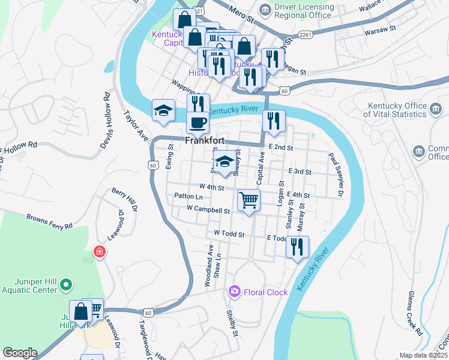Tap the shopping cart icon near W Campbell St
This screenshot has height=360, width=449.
(249, 200)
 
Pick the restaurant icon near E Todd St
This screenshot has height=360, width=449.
(297, 247)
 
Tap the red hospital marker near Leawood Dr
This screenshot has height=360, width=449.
(99, 253)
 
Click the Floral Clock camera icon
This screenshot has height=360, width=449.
(234, 292)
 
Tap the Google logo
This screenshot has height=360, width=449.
(19, 353)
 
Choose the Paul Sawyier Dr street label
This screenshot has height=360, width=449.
(336, 175)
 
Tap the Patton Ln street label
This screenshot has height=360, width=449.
(188, 196)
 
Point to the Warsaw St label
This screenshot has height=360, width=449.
(384, 28)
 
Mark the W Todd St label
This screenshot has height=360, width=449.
(229, 233)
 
